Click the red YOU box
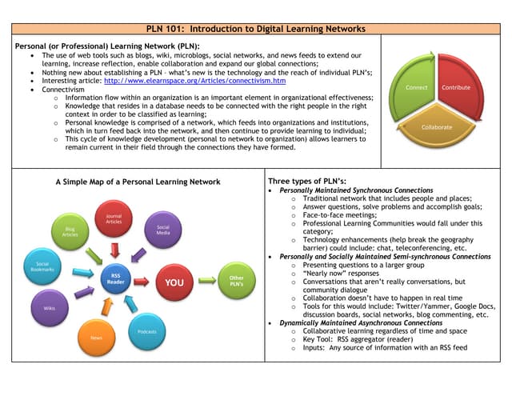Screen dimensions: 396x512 pos(174,282)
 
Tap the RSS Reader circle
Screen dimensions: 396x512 pos(115,280)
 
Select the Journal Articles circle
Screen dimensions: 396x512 pos(114,218)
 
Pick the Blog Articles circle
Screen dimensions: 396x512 pos(70,232)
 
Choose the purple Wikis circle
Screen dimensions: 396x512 pos(49,307)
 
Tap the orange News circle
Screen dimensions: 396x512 pos(96,337)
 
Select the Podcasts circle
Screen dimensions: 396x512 pos(146,330)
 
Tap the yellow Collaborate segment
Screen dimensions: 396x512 pos(437,128)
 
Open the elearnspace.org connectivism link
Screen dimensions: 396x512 pos(194,82)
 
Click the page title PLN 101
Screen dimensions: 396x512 pos(256,29)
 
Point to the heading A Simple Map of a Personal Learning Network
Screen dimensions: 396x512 pos(138,182)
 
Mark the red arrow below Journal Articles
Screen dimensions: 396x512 pos(114,250)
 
